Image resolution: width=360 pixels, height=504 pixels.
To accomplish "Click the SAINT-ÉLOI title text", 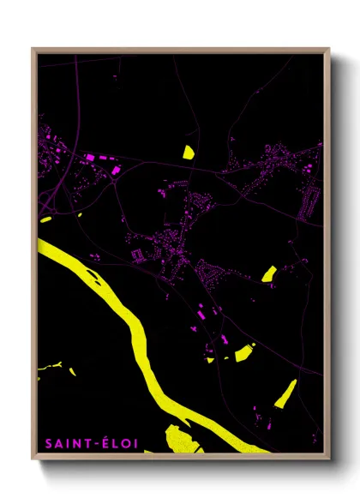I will pyautogui.click(x=93, y=443).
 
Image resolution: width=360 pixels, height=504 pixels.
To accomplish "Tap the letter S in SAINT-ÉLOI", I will pyautogui.click(x=48, y=443).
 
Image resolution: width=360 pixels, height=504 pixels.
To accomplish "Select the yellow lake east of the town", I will pyautogui.click(x=268, y=273).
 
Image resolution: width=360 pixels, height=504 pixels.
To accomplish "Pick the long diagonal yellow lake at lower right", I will pyautogui.click(x=285, y=393).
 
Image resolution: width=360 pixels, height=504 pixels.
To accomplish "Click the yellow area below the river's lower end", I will pyautogui.click(x=182, y=437).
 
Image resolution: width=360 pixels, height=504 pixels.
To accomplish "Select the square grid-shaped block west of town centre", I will pyautogui.click(x=136, y=255).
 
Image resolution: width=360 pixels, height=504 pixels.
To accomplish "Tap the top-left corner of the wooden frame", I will pyautogui.click(x=33, y=49).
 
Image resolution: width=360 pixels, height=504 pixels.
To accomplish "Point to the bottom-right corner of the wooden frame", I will pyautogui.click(x=329, y=458).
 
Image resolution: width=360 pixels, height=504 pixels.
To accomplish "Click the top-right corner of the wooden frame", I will pyautogui.click(x=329, y=49).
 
